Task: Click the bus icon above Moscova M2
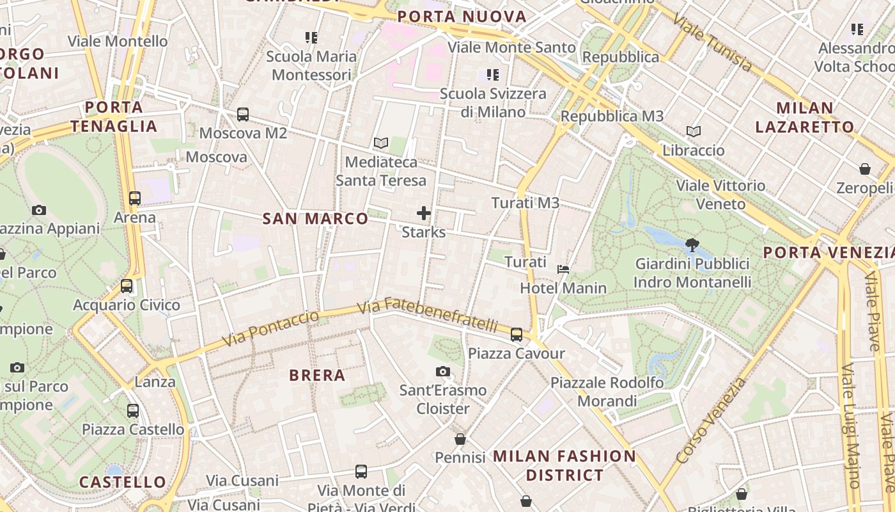coord(243,115)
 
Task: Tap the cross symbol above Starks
coord(424,213)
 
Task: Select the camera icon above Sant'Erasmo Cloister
coord(442,372)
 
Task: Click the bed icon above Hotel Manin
coord(563,269)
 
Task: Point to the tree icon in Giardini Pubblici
coord(692,244)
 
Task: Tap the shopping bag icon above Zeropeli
coord(865,169)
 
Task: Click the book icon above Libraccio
coord(694,132)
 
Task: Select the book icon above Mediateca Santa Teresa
coord(381,143)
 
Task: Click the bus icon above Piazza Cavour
coord(517,334)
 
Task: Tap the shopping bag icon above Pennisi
coord(460,439)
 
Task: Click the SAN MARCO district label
coord(316,219)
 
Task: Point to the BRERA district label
coord(317,375)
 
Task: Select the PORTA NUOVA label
coord(462,17)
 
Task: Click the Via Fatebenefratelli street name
coord(427,315)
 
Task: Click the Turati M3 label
coord(525,203)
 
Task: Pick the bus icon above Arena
coord(135,198)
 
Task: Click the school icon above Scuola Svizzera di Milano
coord(493,75)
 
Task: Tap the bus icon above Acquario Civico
coord(127,286)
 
